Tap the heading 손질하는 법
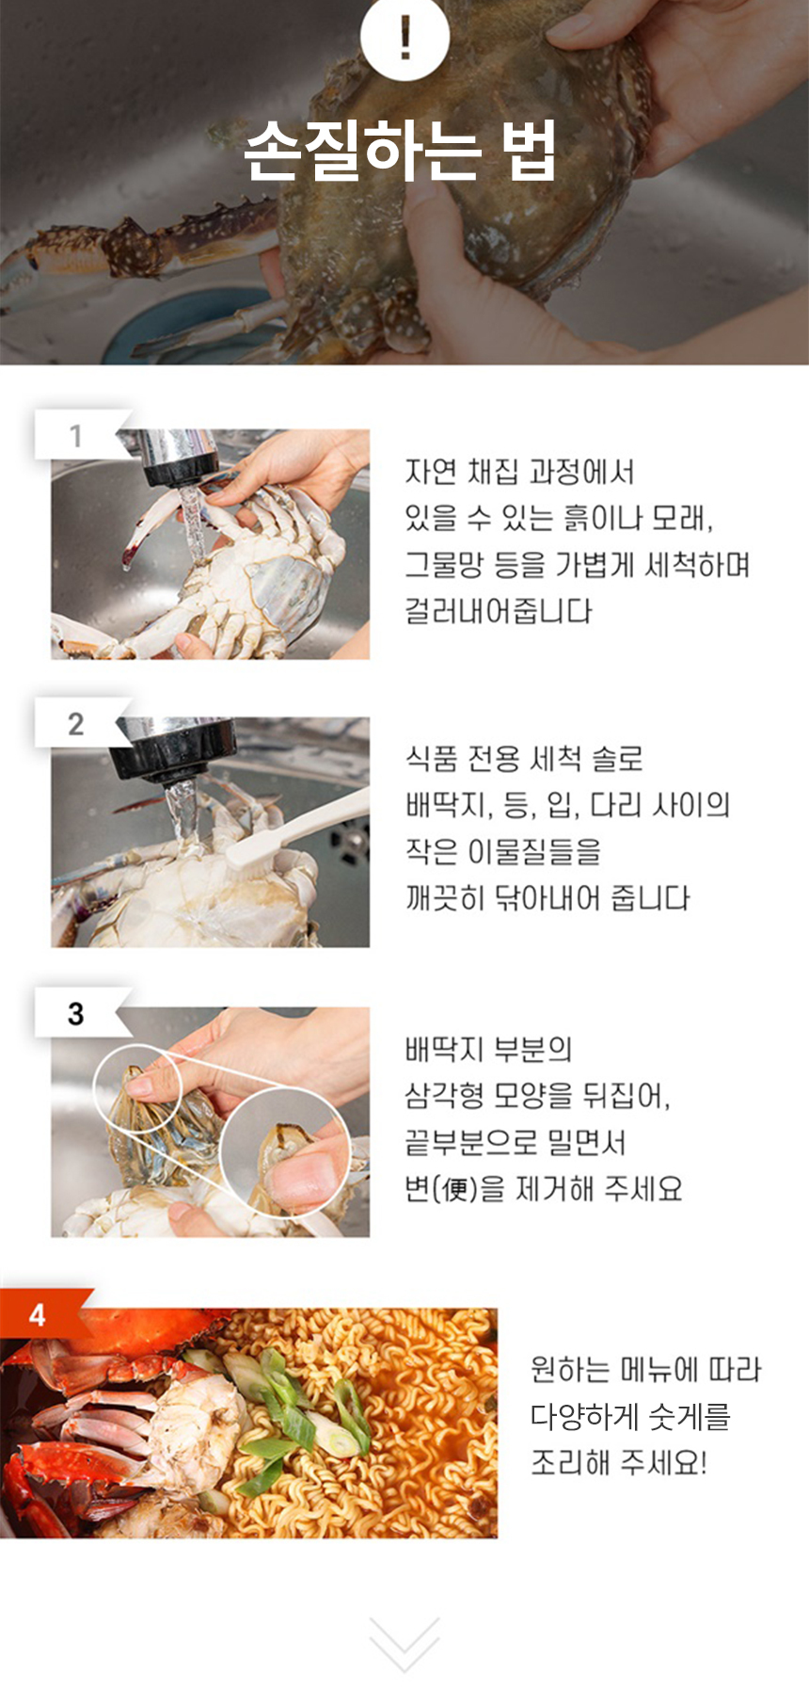(x=401, y=150)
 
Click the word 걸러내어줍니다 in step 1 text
(x=499, y=611)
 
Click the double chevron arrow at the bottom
(x=404, y=1644)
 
